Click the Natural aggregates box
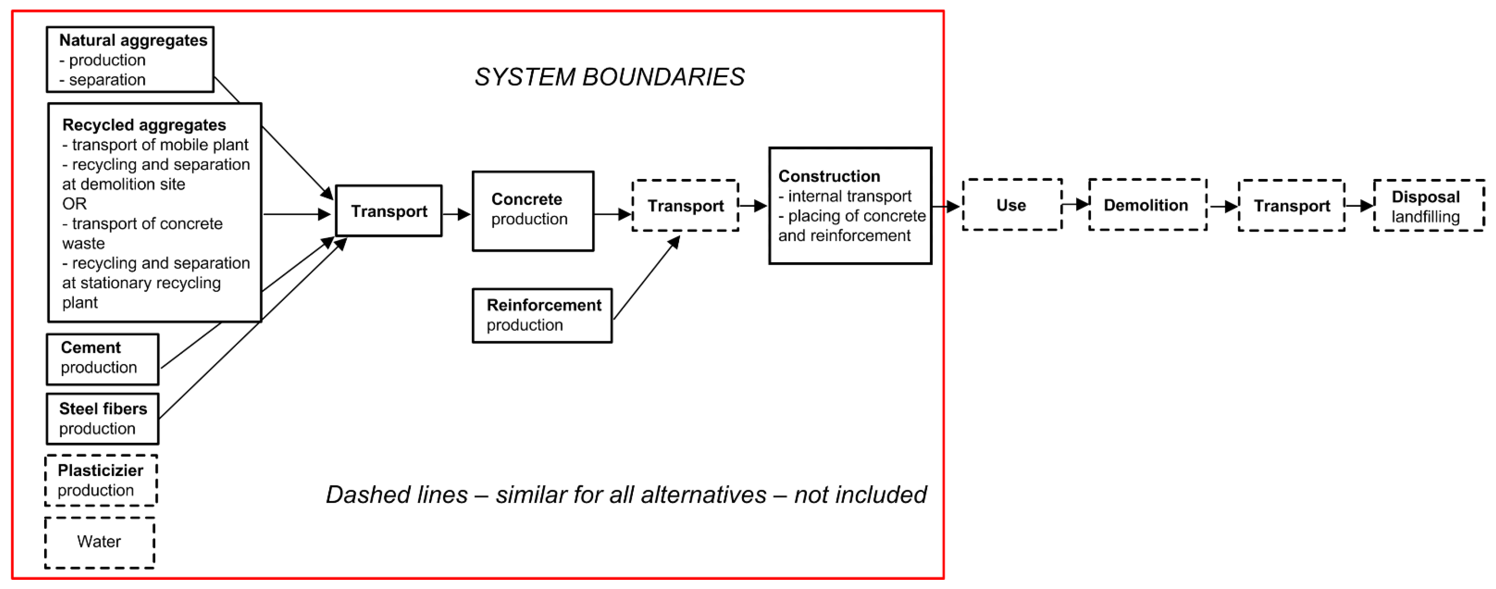130,59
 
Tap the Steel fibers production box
102,419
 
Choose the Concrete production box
532,211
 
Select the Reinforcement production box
542,315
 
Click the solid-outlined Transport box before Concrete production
389,211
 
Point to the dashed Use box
1011,205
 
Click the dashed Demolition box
1147,205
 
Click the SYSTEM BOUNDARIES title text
609,77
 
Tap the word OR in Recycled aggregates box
74,204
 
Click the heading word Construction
829,176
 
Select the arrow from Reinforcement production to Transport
646,278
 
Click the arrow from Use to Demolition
1075,204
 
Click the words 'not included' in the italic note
860,495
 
